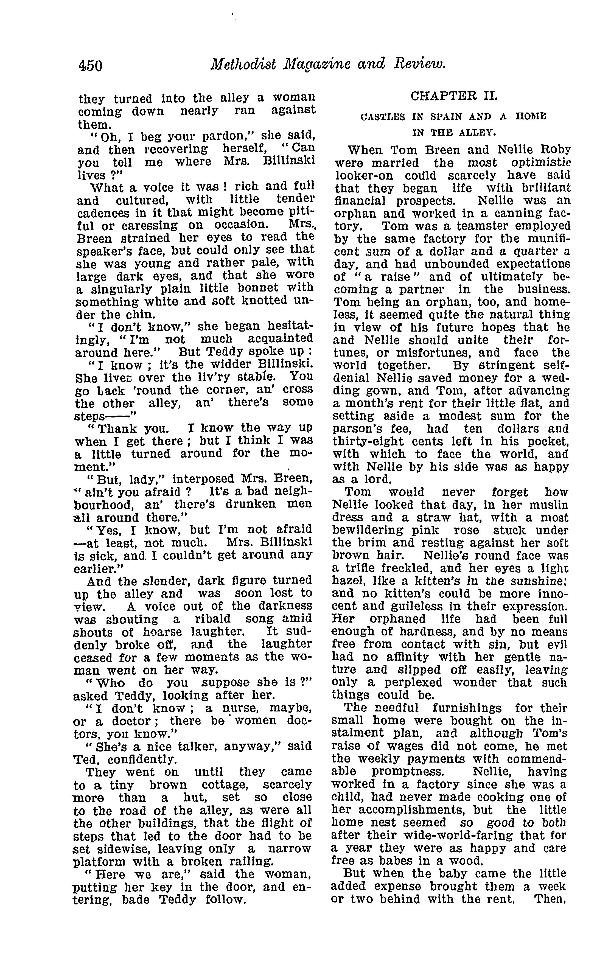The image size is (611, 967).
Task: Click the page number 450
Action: click(91, 65)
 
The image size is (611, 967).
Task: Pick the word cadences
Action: click(101, 212)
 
